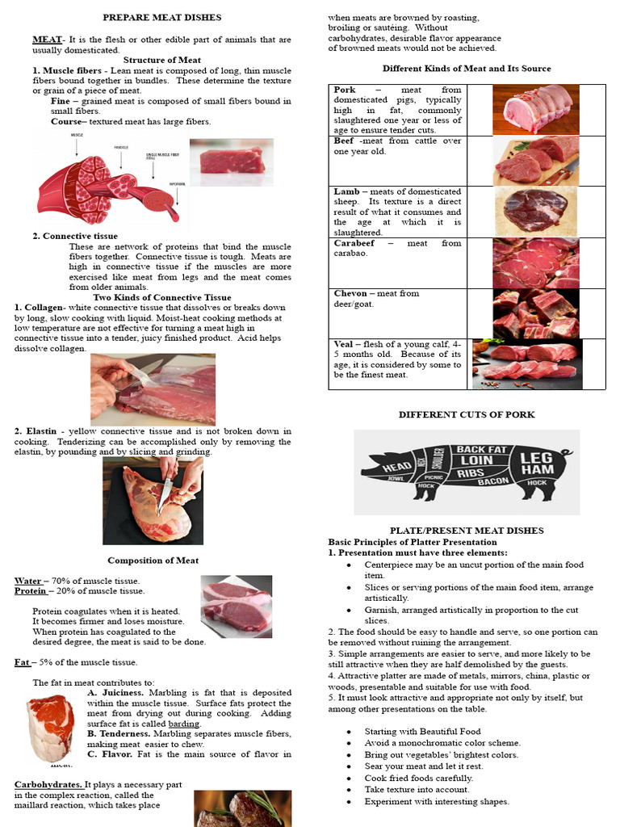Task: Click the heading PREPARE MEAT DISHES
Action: click(x=161, y=17)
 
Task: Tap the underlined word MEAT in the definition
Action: click(x=47, y=39)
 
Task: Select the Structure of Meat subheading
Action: click(x=161, y=60)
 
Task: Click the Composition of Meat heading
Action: click(x=153, y=560)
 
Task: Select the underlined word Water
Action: click(x=28, y=581)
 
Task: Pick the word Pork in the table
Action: click(x=345, y=90)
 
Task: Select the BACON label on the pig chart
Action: click(x=493, y=481)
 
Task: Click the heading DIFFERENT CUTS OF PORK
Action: click(x=466, y=414)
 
